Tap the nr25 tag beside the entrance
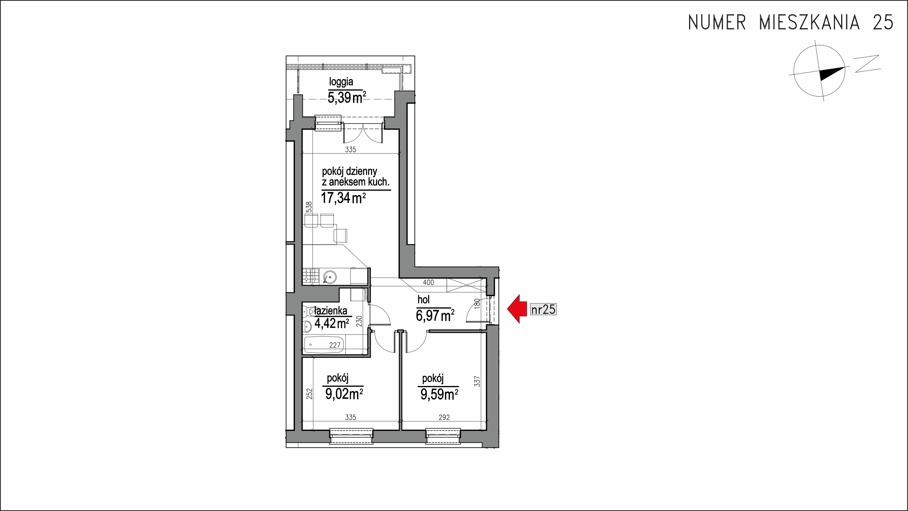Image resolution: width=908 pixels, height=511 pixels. tap(543, 309)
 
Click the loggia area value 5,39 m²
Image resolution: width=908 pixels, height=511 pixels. tap(346, 97)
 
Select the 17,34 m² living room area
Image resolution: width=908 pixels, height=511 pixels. tap(343, 198)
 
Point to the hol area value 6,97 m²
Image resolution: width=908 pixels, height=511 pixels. tap(435, 315)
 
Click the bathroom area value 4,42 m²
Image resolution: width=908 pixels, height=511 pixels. tap(331, 323)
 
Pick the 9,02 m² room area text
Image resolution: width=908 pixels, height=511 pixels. tap(344, 394)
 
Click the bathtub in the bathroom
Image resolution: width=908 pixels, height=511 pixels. tap(324, 344)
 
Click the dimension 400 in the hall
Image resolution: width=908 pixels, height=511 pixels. tap(428, 282)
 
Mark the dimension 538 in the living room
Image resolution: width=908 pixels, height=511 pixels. tap(309, 207)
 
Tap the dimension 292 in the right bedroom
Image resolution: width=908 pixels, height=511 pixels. tap(444, 417)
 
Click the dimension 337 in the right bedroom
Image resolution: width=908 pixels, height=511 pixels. tap(478, 382)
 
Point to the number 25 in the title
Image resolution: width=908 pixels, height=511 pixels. tap(883, 22)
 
